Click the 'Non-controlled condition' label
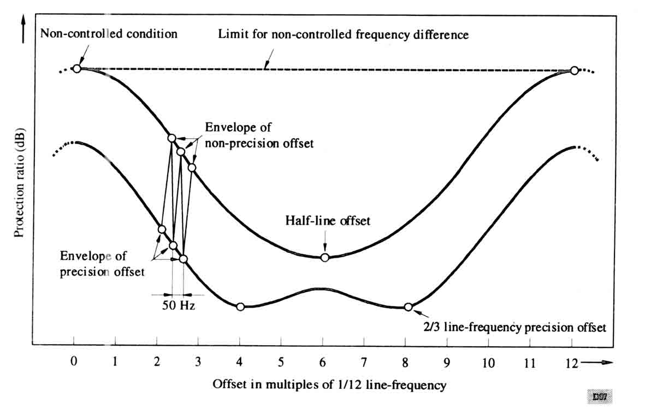[109, 34]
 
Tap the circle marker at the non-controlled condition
[77, 68]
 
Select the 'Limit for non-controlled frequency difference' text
[343, 35]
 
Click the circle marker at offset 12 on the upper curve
[574, 70]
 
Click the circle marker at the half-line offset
[324, 257]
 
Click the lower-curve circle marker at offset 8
[408, 307]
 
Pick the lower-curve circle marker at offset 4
[240, 306]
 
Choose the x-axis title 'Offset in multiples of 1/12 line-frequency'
[329, 384]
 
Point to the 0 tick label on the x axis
[74, 362]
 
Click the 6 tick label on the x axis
[323, 362]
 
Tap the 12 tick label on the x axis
[572, 362]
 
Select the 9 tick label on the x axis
[447, 362]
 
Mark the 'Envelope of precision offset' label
[102, 264]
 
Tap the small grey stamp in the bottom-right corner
[600, 397]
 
